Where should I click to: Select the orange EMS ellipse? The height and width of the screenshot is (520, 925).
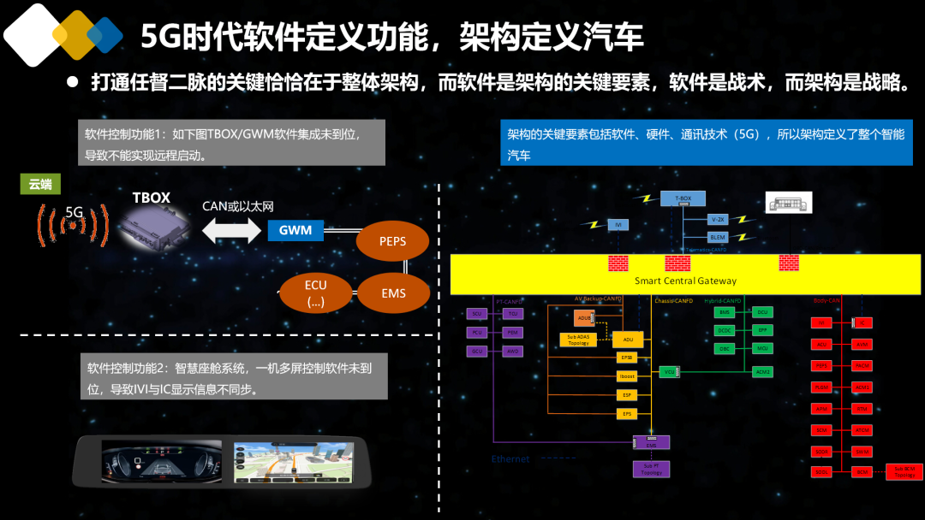[393, 293]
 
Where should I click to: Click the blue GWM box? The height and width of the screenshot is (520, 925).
[295, 230]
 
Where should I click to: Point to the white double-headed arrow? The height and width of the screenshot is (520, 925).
[230, 229]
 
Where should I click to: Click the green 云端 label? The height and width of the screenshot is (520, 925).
[40, 184]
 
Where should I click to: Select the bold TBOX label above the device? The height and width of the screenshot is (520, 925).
[151, 198]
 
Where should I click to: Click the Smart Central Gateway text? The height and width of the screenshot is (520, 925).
[685, 281]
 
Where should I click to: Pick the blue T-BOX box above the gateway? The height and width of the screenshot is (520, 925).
[683, 198]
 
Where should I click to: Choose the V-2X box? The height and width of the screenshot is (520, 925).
[718, 219]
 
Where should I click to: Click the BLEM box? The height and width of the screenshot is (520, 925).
[718, 237]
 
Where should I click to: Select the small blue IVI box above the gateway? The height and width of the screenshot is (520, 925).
[618, 224]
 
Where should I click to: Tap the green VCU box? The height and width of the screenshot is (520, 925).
[668, 371]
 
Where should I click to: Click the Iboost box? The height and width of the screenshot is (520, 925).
[627, 376]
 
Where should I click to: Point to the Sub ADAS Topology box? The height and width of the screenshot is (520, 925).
[578, 340]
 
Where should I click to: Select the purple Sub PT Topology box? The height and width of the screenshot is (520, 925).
[651, 469]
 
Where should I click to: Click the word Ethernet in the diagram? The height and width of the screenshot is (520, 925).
[510, 459]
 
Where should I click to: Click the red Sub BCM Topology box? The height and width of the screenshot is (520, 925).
[904, 471]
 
